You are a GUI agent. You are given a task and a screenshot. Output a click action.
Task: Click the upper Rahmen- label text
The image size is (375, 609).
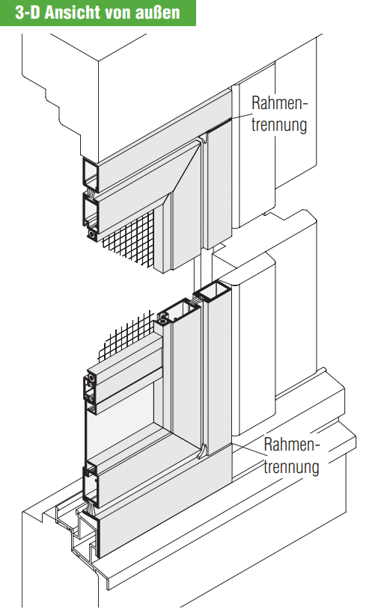coord(279,103)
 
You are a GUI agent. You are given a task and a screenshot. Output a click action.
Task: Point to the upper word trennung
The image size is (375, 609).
coord(279,125)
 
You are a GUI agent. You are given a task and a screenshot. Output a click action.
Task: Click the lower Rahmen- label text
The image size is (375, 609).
coord(291,445)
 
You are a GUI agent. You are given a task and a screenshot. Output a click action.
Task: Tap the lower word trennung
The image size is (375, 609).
coord(291,466)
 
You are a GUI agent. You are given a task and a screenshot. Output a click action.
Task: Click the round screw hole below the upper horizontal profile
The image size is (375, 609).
coord(92,234)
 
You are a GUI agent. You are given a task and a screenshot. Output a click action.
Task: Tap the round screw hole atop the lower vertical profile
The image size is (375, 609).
coord(163,321)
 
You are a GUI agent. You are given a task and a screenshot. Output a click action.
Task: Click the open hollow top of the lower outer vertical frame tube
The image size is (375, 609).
coord(213,292)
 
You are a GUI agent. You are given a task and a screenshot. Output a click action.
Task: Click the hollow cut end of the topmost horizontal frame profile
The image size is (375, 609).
coord(91,174)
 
